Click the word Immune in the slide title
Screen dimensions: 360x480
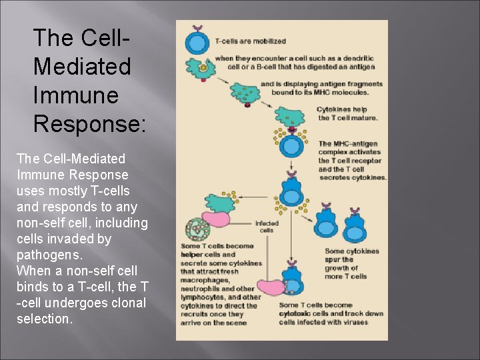(x=75, y=95)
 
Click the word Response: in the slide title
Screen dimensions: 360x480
(x=89, y=123)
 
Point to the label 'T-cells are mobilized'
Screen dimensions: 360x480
(x=250, y=41)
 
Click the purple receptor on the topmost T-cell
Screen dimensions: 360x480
(x=196, y=29)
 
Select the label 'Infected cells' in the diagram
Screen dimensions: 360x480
(x=266, y=227)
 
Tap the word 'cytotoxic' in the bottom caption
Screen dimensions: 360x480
(x=298, y=313)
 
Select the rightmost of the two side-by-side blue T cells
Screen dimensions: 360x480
(x=354, y=225)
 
